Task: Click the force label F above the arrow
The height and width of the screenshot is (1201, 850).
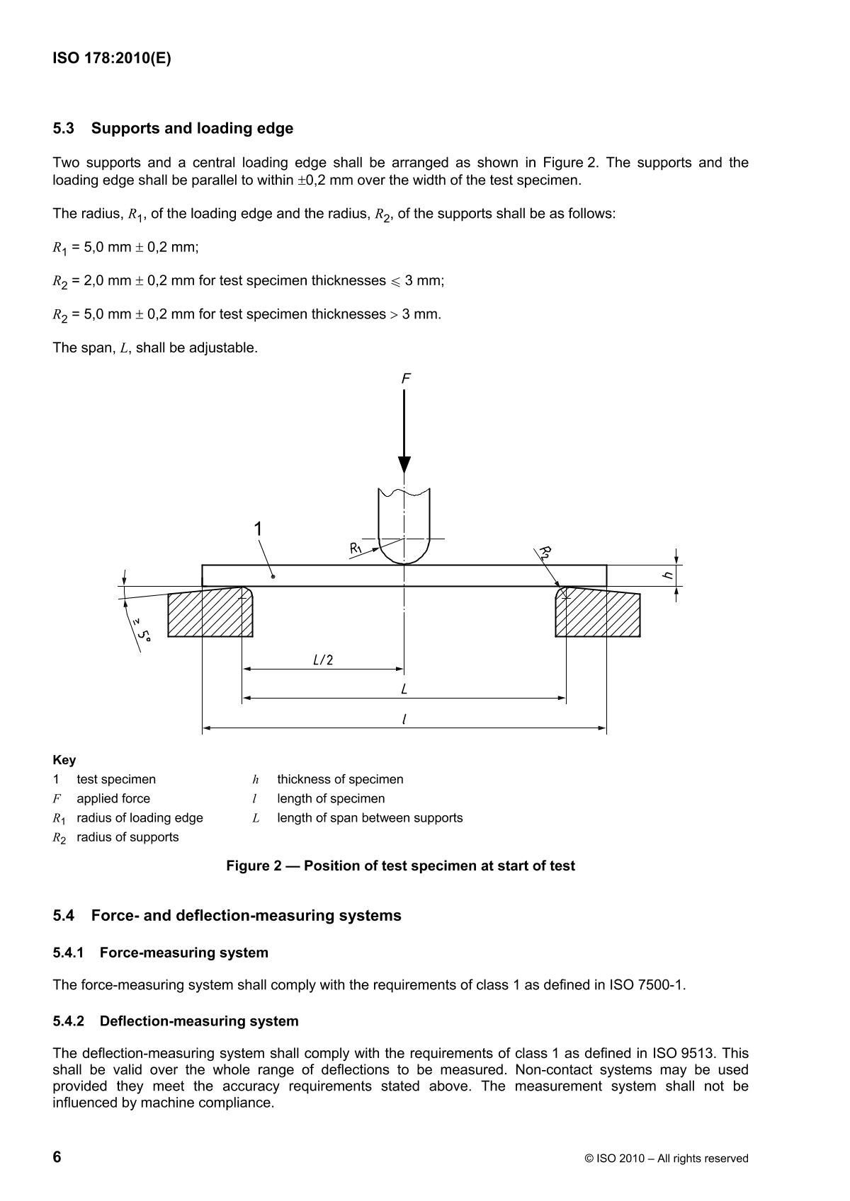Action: (406, 379)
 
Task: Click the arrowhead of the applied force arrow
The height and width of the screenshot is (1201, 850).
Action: (404, 464)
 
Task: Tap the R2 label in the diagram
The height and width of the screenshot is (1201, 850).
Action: (545, 553)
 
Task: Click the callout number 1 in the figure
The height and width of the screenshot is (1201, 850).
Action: (259, 529)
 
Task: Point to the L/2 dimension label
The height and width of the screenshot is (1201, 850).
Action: (323, 660)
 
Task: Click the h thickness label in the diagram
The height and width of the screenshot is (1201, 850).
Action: (667, 575)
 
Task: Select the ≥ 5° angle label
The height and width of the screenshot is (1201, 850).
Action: (142, 628)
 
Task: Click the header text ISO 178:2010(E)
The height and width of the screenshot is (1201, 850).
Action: (112, 59)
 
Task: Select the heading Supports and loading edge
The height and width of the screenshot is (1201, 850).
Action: (192, 128)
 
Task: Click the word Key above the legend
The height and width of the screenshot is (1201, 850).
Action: (64, 760)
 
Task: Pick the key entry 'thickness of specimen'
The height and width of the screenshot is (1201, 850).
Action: (340, 779)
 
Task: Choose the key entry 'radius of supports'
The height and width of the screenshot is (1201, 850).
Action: (127, 837)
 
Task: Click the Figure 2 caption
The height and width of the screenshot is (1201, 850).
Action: (400, 866)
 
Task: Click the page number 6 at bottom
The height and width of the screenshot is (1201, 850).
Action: (57, 1157)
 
